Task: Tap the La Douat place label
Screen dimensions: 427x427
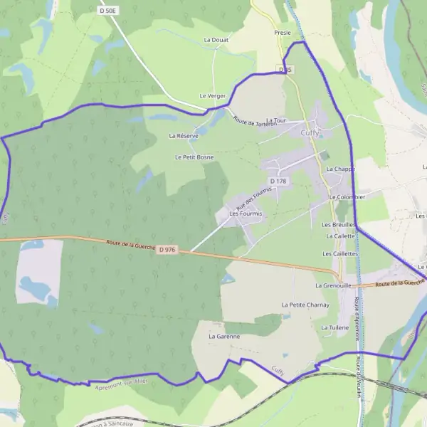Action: click(x=216, y=41)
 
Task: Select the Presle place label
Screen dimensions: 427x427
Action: click(x=283, y=33)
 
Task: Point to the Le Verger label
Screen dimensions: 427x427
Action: click(x=212, y=95)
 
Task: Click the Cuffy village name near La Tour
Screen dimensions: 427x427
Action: click(x=310, y=132)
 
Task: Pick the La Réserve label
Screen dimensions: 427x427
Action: click(x=184, y=135)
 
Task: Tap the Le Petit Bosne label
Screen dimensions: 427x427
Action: click(x=194, y=157)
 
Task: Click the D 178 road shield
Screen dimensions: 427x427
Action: click(x=278, y=181)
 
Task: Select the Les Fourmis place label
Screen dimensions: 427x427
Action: click(x=246, y=213)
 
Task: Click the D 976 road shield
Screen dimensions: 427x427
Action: click(x=168, y=249)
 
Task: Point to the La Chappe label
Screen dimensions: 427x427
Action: click(x=340, y=169)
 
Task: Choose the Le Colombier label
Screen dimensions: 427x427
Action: click(x=347, y=197)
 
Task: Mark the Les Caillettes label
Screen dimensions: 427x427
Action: click(x=340, y=253)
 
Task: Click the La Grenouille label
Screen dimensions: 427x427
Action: click(x=334, y=285)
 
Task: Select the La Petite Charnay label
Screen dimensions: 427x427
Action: click(x=305, y=305)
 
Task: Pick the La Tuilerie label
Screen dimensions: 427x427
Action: click(x=334, y=327)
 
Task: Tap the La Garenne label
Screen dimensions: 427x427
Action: click(x=224, y=336)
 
